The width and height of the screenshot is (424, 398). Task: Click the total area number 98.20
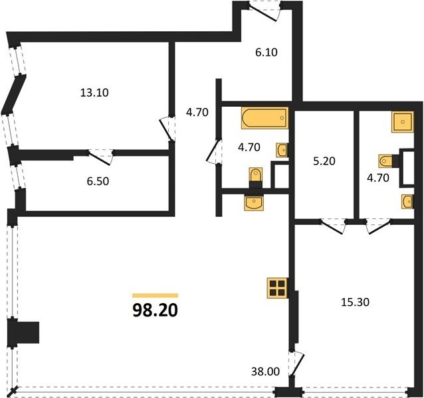coord(156,310)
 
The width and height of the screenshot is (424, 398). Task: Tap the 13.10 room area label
coord(94,93)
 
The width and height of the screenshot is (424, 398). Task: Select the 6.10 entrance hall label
coord(266,52)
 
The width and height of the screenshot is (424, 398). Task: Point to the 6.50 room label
coord(98,181)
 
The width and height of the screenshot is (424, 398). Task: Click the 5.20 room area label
coord(324,161)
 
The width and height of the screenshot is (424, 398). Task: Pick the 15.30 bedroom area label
coord(355,302)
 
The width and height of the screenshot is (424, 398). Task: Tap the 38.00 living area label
coord(265,372)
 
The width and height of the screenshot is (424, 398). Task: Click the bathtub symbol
coord(265,118)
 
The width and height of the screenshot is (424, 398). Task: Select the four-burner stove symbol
coord(277,288)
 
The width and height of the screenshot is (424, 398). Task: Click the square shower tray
coord(403,122)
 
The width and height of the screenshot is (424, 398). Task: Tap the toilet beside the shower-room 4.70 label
coord(386,161)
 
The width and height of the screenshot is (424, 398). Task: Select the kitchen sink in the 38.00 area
coord(253,202)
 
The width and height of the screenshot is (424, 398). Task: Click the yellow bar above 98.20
coord(156,295)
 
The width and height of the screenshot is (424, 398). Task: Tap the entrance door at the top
coord(265,11)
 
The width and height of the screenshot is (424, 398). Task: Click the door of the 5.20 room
coord(334,226)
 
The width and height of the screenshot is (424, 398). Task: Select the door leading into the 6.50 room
coord(100,157)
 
